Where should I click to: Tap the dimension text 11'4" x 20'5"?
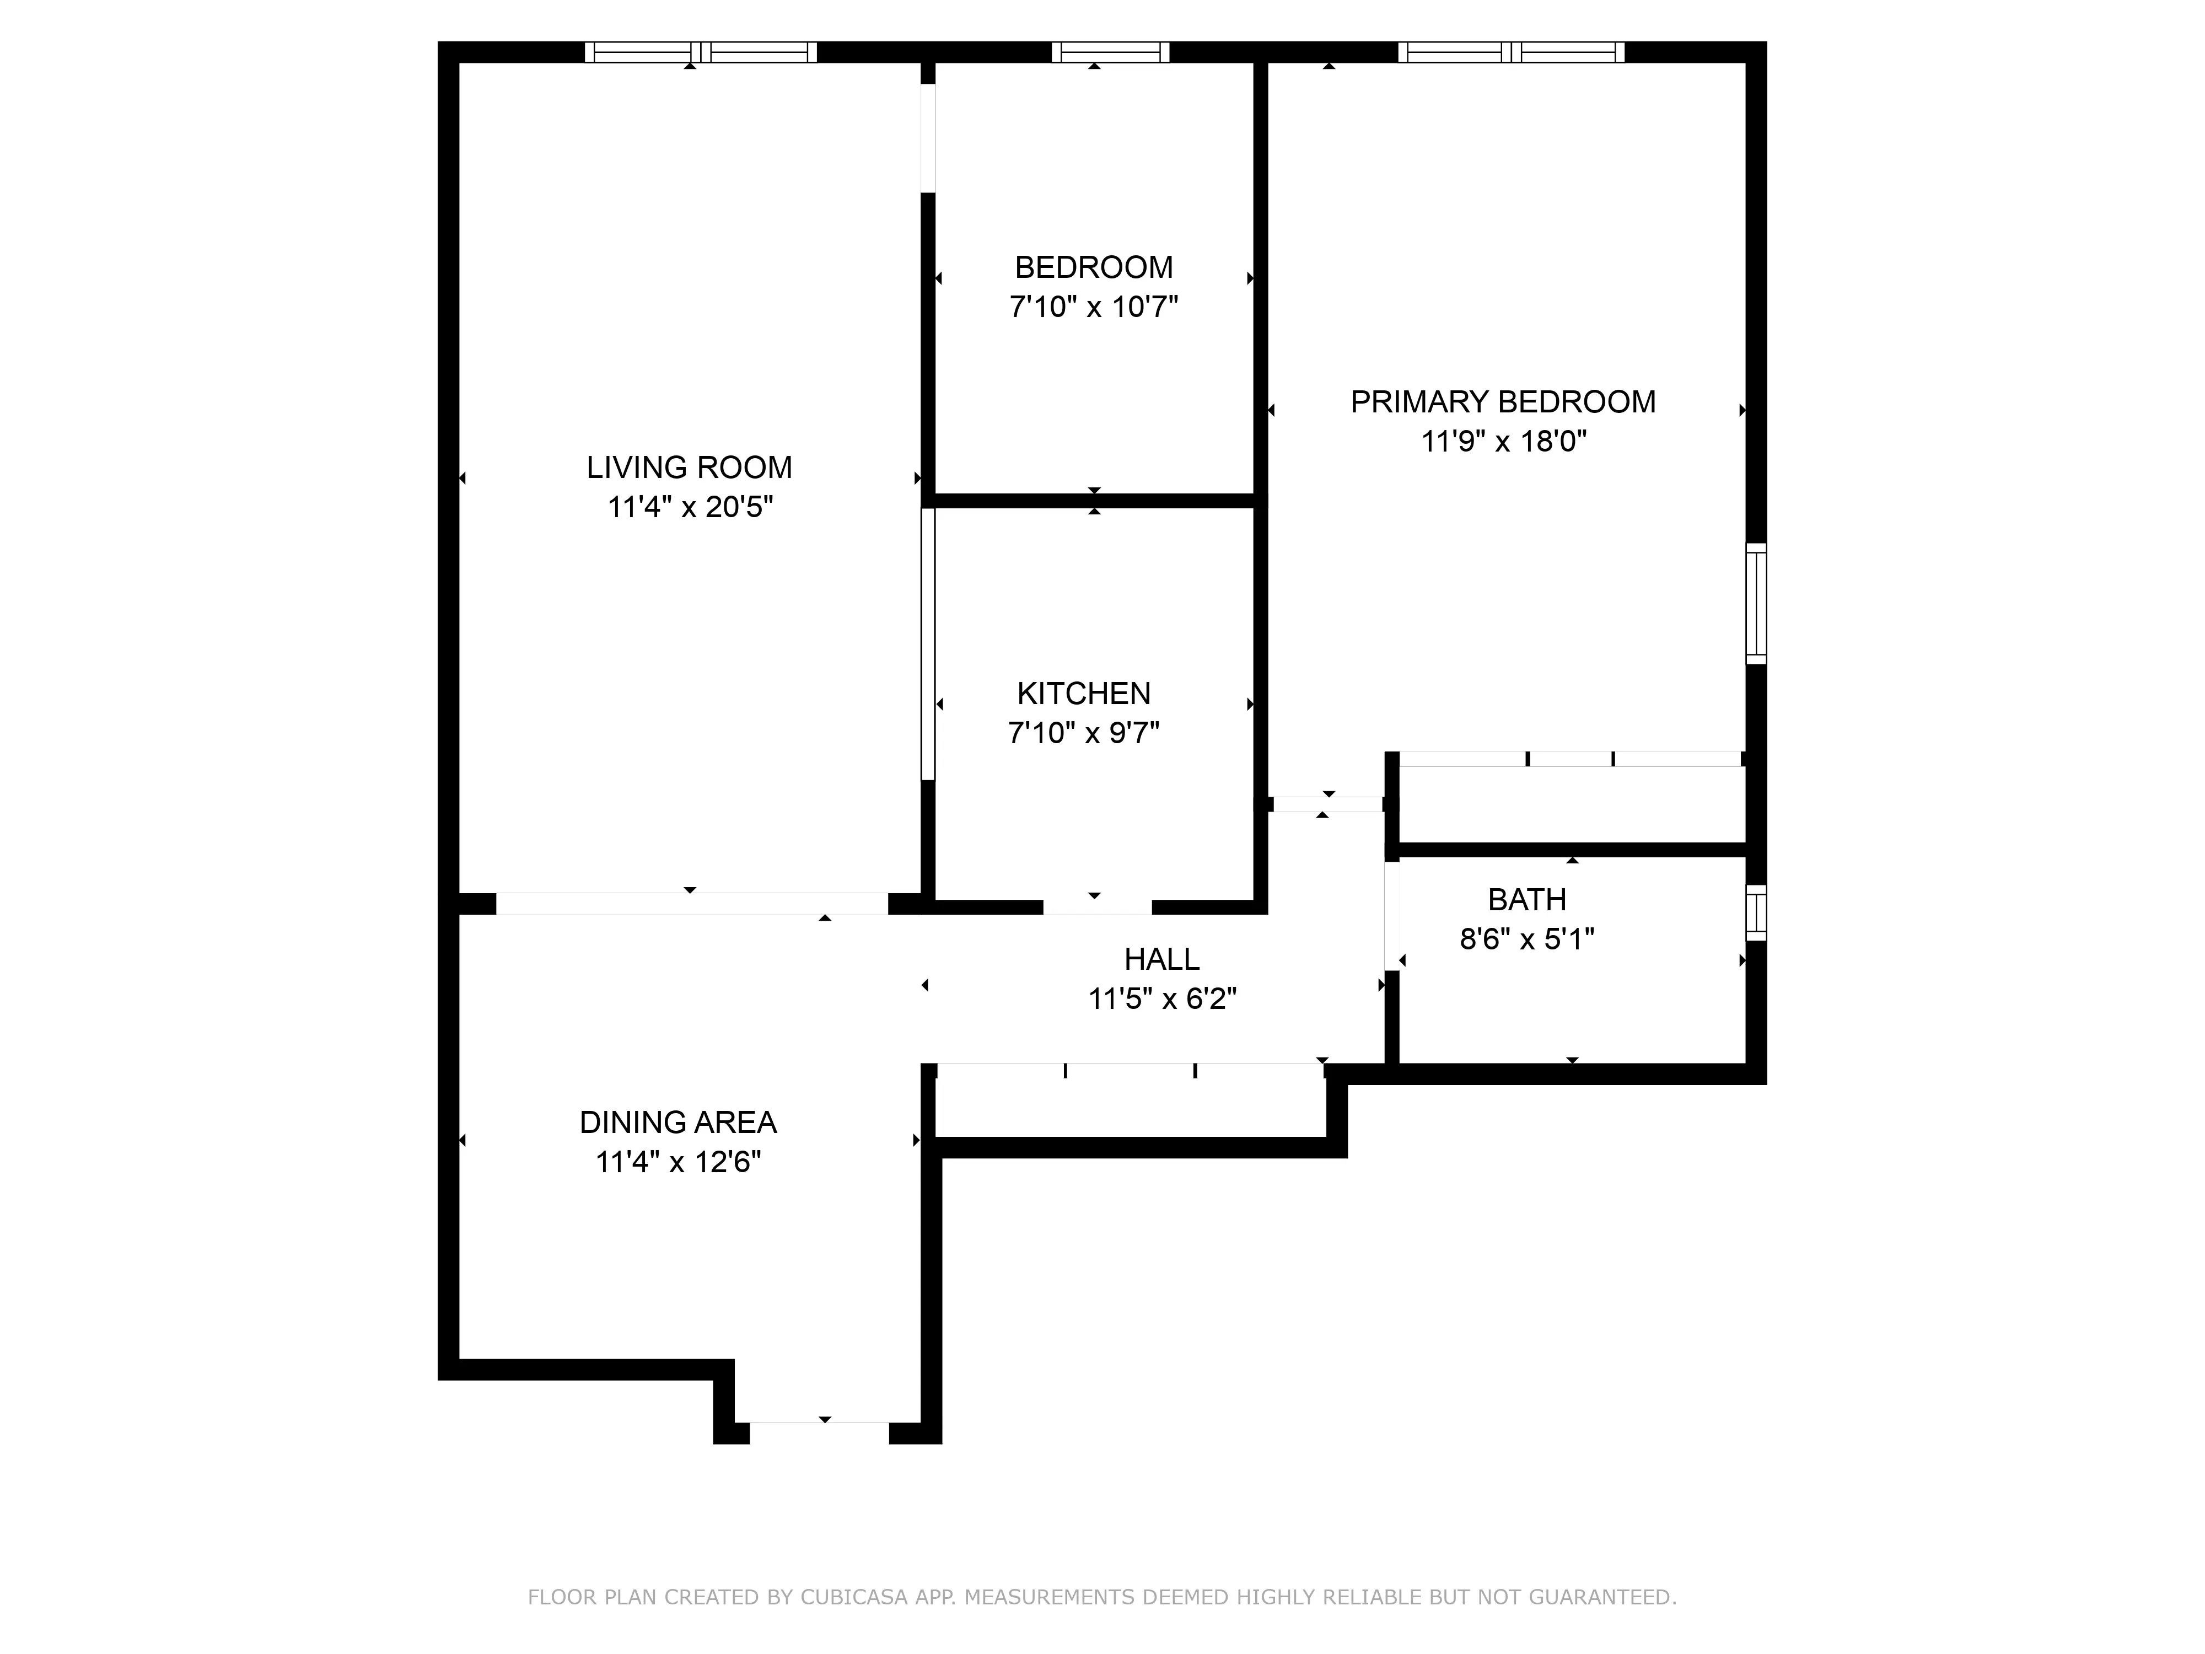[690, 507]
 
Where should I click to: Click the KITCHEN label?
[1084, 693]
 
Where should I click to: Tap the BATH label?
[1526, 899]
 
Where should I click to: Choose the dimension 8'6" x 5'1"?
[1526, 939]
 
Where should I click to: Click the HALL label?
[1161, 959]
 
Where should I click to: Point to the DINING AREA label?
[678, 1123]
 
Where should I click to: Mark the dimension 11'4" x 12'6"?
[678, 1162]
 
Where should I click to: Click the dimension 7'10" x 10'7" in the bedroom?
[1094, 307]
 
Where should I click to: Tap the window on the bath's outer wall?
[1756, 912]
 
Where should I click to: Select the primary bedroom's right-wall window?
[1756, 603]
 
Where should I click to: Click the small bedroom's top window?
[1110, 52]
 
